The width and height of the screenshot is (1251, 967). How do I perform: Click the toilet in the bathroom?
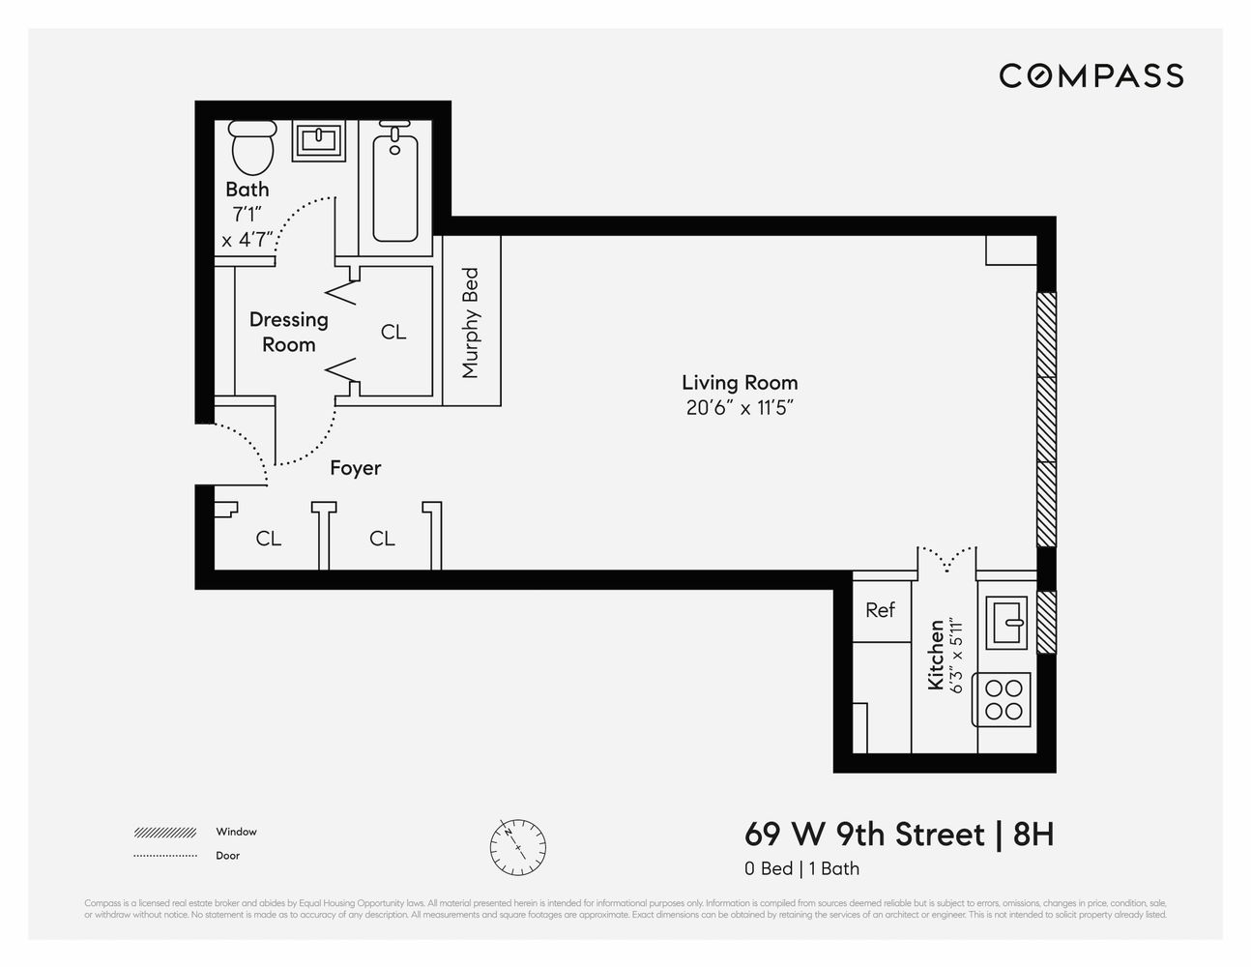pyautogui.click(x=252, y=146)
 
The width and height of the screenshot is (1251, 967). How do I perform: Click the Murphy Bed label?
pyautogui.click(x=471, y=323)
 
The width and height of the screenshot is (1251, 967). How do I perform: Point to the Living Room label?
pyautogui.click(x=740, y=383)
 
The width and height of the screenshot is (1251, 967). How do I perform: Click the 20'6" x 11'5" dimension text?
pyautogui.click(x=740, y=408)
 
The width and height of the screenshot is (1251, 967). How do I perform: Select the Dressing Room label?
pyautogui.click(x=288, y=332)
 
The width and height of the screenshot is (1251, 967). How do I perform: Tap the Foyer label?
pyautogui.click(x=355, y=468)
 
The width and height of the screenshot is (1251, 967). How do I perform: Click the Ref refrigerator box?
pyautogui.click(x=880, y=610)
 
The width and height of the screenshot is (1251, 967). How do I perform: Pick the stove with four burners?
pyautogui.click(x=1004, y=700)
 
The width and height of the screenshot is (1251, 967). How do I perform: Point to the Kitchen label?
pyautogui.click(x=935, y=656)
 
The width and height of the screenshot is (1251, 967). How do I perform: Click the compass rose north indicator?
pyautogui.click(x=518, y=842)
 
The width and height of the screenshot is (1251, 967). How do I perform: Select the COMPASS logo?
pyautogui.click(x=1091, y=75)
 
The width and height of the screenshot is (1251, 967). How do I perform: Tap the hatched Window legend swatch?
pyautogui.click(x=165, y=833)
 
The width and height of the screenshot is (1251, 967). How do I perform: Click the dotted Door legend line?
pyautogui.click(x=165, y=856)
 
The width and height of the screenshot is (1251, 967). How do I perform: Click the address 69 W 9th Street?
pyautogui.click(x=864, y=834)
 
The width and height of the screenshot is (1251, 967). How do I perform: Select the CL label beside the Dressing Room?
pyautogui.click(x=393, y=332)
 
